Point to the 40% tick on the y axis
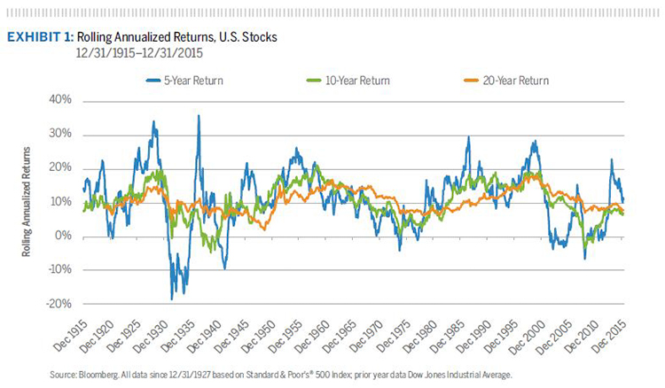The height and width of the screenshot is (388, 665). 59,100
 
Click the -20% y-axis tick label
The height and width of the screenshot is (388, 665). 56,304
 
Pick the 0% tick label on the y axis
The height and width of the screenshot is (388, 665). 61,236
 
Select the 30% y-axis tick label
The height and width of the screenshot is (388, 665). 59,134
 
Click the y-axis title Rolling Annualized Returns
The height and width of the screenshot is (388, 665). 29,202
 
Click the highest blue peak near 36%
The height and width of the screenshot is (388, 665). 198,116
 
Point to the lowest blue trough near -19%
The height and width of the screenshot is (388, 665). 172,299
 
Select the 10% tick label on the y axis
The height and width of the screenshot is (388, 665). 59,202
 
